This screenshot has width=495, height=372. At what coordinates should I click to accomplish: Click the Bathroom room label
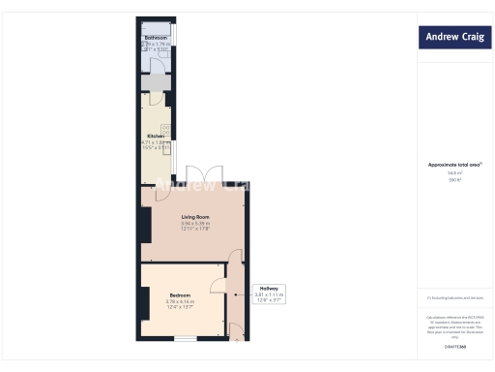coord(156,38)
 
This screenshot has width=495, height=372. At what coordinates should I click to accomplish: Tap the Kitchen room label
coord(156,137)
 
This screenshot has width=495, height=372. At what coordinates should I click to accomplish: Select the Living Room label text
coord(195,218)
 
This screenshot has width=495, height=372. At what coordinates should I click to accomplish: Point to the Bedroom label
coord(181,294)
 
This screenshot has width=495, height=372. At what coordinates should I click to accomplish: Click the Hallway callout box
coord(268,294)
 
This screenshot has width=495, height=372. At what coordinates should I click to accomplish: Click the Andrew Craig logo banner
coord(451,39)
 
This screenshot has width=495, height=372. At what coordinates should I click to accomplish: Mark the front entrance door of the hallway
coord(236,333)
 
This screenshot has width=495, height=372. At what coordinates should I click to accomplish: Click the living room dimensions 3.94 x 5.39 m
coord(195,225)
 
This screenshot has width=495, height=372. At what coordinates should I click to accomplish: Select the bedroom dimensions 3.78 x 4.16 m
coord(181,301)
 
